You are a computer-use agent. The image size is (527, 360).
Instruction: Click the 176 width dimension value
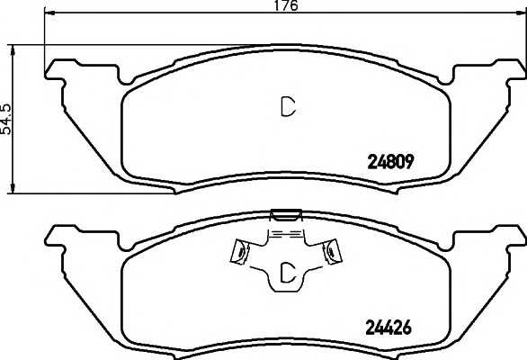pyautogui.click(x=286, y=5)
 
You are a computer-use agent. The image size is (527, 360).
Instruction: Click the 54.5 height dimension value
pyautogui.click(x=5, y=120)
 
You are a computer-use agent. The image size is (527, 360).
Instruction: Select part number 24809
pyautogui.click(x=390, y=163)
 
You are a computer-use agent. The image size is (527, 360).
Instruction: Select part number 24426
pyautogui.click(x=389, y=327)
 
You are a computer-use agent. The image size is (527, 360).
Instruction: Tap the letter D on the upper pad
pyautogui.click(x=288, y=107)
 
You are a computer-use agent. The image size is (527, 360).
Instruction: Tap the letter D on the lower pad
pyautogui.click(x=288, y=272)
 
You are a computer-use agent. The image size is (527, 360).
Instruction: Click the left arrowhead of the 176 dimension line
pyautogui.click(x=49, y=13)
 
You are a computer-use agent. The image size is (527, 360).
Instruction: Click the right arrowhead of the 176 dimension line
pyautogui.click(x=521, y=13)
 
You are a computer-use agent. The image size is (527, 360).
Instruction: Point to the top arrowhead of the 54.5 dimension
pyautogui.click(x=13, y=49)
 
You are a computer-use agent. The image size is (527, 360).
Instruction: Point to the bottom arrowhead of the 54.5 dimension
pyautogui.click(x=13, y=189)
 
